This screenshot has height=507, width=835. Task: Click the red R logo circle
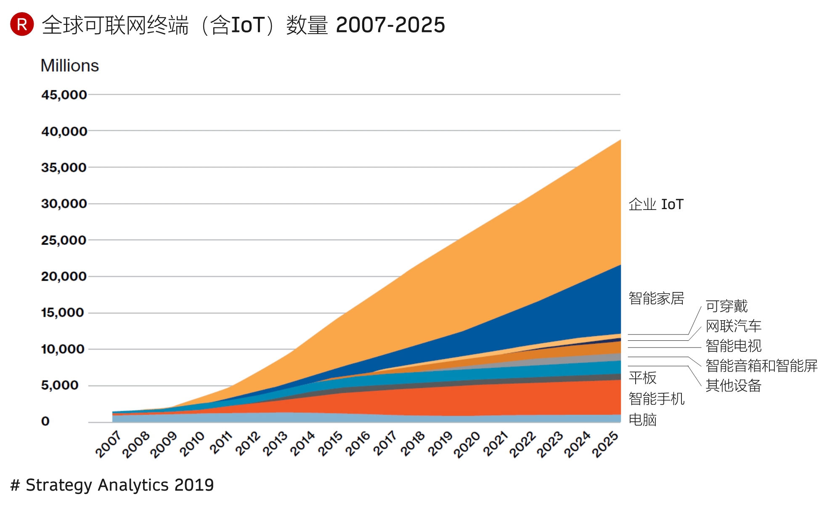(x=22, y=24)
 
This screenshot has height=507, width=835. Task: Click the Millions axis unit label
(x=69, y=66)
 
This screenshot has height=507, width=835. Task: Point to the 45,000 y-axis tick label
(x=64, y=95)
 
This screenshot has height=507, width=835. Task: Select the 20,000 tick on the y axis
(x=64, y=276)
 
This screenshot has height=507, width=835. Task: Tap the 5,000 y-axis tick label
(x=60, y=385)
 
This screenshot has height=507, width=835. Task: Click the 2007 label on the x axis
(x=108, y=444)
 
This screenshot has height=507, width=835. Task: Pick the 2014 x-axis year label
(x=302, y=444)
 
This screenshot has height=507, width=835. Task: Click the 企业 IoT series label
(x=656, y=204)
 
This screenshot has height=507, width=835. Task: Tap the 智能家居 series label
(x=656, y=298)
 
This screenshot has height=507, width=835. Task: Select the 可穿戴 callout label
(x=726, y=306)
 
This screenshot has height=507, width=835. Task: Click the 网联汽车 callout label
(x=734, y=326)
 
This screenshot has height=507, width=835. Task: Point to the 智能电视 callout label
(x=734, y=345)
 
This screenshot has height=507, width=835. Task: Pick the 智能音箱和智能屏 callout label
(x=761, y=365)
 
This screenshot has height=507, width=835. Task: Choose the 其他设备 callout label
(x=734, y=385)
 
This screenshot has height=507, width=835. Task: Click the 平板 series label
(x=642, y=377)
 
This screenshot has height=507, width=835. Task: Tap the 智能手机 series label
(x=656, y=398)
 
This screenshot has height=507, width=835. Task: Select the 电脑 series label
(x=642, y=419)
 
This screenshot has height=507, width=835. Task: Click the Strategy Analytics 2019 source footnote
(x=112, y=485)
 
